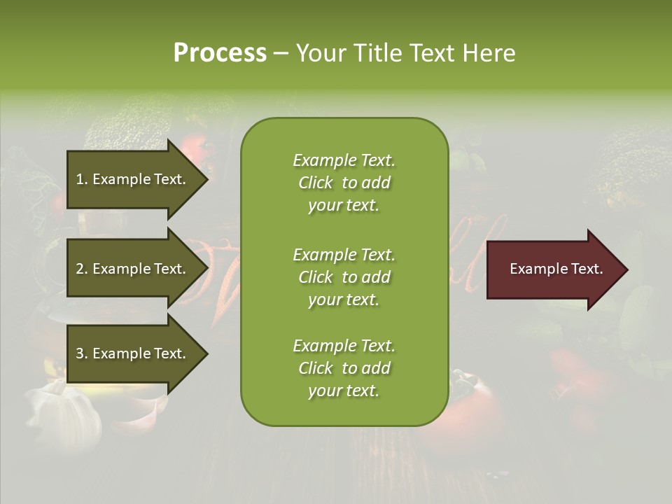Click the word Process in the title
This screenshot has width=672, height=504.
220,53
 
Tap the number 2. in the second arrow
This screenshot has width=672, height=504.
81,269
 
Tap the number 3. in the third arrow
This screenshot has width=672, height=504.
81,353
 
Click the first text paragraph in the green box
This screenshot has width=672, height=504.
344,183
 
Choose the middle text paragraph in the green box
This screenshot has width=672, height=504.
344,277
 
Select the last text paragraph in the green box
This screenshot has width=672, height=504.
344,368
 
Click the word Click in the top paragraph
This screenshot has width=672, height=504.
316,183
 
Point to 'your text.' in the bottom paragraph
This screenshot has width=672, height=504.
344,391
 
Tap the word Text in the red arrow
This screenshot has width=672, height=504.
587,269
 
